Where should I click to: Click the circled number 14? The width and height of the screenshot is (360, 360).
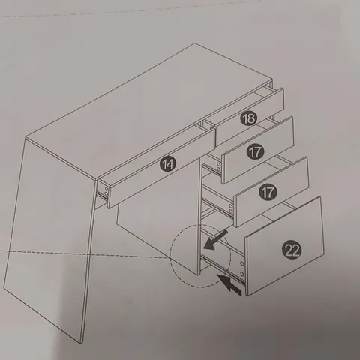168,164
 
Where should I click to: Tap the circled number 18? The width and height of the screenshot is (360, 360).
249,118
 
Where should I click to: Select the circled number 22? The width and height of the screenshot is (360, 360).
292,250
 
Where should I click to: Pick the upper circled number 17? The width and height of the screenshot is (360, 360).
255,152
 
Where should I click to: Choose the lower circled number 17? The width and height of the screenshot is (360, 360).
268,192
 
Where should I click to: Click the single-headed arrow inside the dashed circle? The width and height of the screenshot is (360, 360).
215,240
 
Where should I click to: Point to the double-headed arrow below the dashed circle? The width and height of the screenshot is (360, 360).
229,285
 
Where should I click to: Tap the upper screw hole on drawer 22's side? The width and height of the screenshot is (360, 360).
241,263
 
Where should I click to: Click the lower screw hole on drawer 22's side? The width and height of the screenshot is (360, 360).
242,274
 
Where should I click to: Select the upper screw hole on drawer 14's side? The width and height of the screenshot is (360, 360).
106,189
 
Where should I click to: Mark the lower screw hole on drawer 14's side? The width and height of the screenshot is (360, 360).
106,194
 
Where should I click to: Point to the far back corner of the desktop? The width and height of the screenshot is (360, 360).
195,43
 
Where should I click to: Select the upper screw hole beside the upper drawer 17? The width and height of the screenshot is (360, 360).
218,164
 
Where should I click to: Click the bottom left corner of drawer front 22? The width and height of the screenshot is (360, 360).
247,295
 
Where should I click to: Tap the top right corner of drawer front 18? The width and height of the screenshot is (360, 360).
283,88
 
